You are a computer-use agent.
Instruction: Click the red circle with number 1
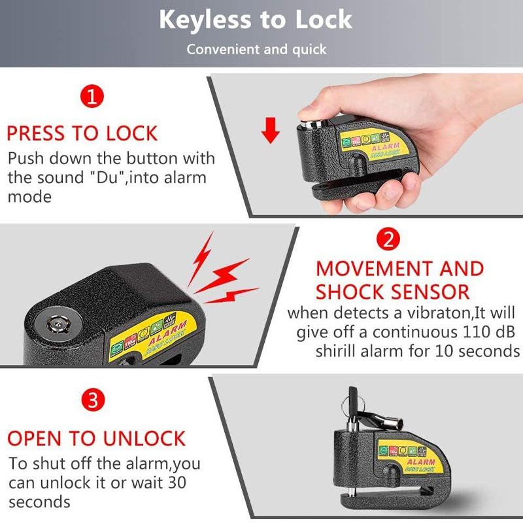tap(92, 98)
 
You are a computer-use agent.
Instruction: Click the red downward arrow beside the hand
tap(270, 132)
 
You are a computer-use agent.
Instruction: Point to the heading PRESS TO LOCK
tap(82, 133)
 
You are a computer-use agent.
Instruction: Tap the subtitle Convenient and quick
tap(256, 50)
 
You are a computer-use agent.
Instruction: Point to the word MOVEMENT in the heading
tap(367, 269)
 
